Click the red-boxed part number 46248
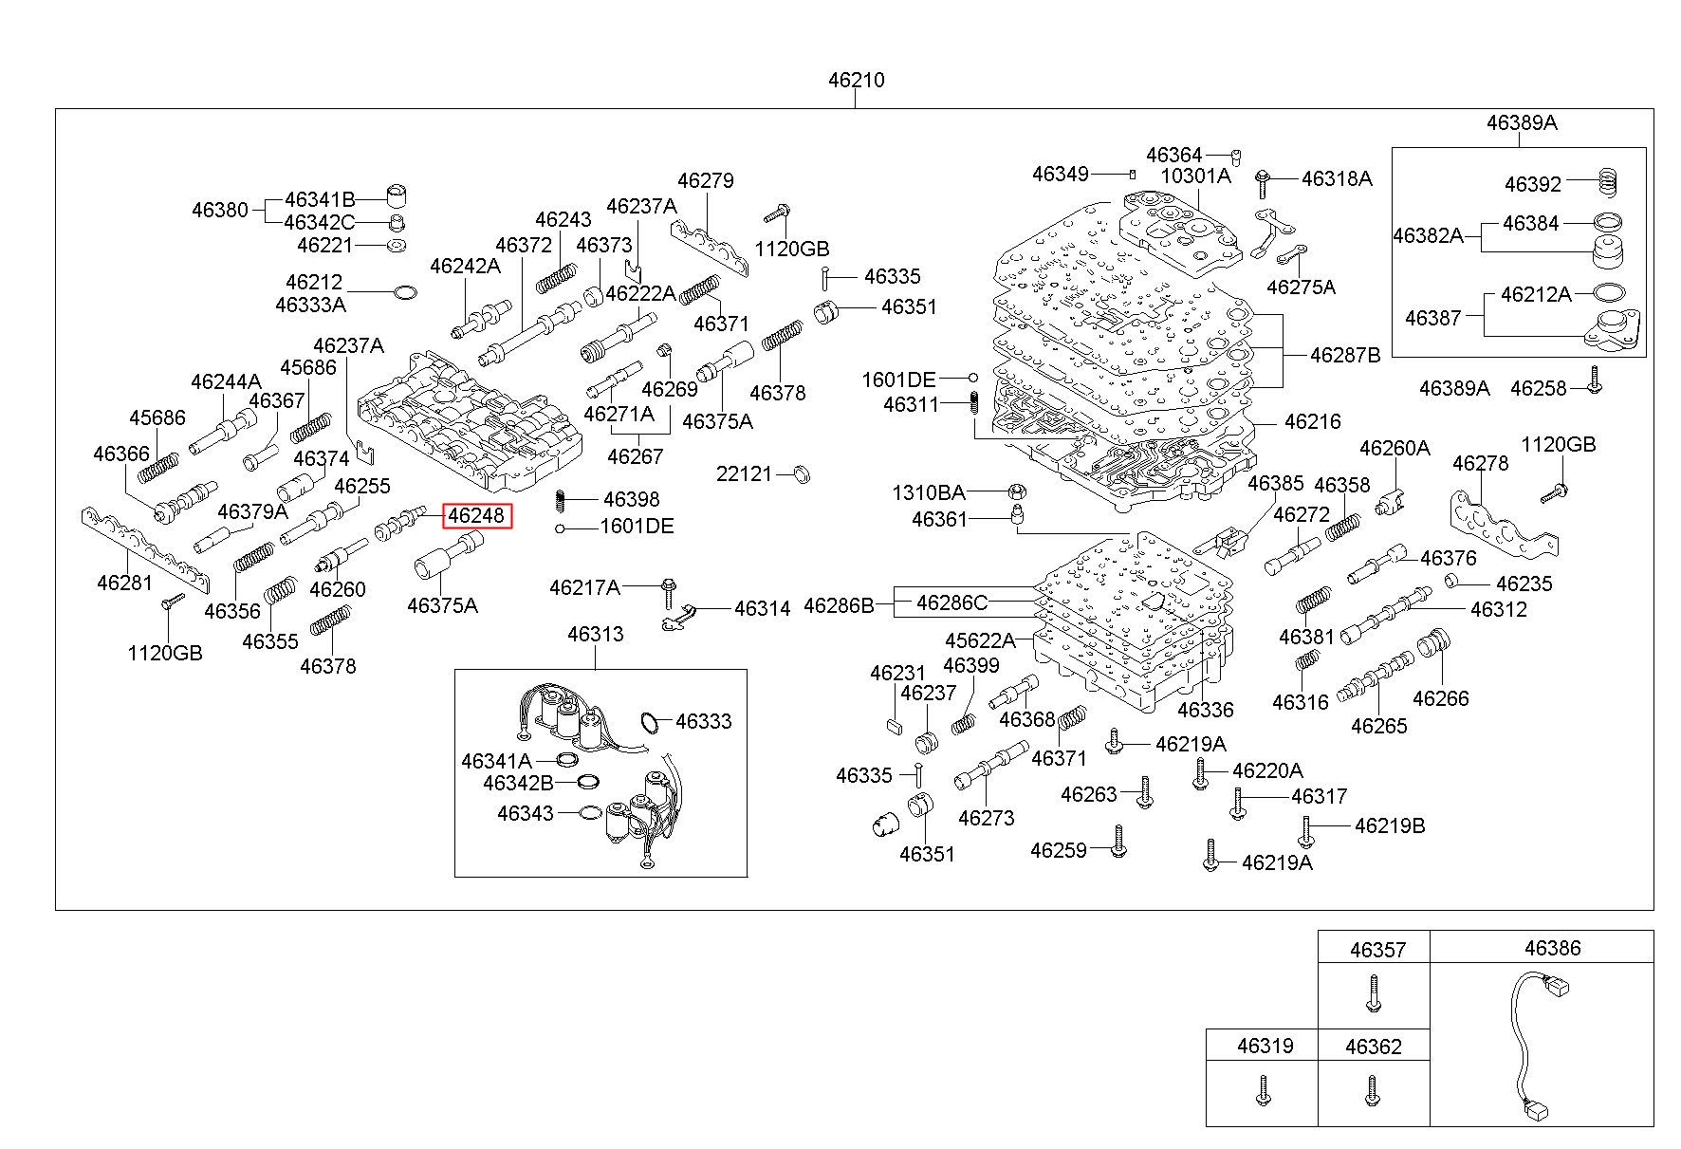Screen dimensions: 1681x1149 coord(475,516)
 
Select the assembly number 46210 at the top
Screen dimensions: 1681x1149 coord(856,80)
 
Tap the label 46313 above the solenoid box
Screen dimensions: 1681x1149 coord(596,634)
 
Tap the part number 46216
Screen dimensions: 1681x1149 coord(1314,421)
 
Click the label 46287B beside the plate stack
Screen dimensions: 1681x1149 coord(1345,355)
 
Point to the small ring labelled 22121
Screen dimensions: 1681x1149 coord(800,473)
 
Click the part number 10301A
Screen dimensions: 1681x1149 coord(1195,176)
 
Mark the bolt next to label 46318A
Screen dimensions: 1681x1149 coord(1264,178)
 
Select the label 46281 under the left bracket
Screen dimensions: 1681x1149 coord(124,582)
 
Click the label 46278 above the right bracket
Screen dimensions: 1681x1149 coord(1480,463)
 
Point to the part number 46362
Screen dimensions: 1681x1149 coord(1373,1047)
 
